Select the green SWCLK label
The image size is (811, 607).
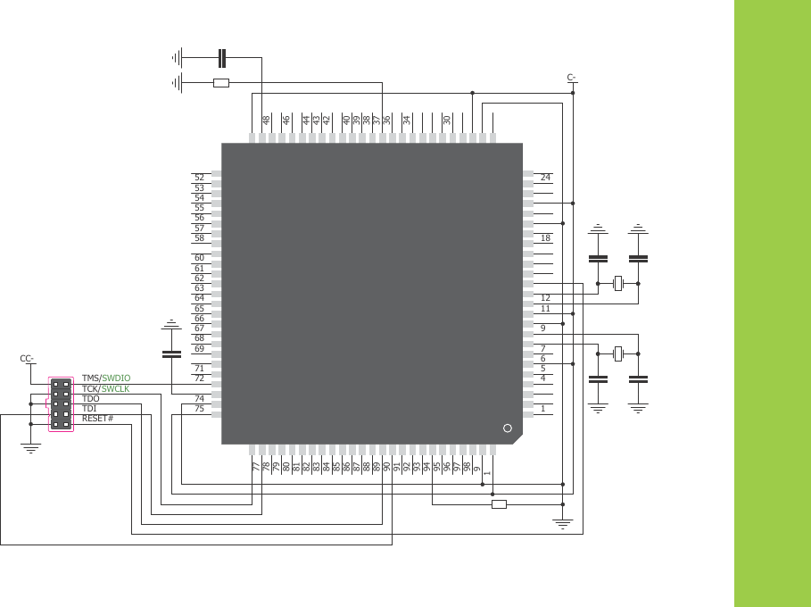(115, 389)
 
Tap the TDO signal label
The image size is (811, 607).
(90, 399)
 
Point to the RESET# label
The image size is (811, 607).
(97, 419)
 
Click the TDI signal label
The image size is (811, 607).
(89, 409)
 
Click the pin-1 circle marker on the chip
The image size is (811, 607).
(508, 428)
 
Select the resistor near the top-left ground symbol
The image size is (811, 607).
(221, 83)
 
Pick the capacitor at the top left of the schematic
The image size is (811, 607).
(223, 59)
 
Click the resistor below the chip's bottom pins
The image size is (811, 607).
(499, 504)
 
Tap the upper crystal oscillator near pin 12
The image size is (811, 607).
(617, 285)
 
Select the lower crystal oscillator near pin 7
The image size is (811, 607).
(617, 354)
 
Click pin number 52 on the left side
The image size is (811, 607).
(199, 178)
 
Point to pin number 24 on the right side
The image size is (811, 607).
(545, 178)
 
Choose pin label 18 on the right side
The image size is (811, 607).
(545, 238)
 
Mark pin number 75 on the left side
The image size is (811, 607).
(199, 409)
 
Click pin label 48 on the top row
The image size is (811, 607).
(266, 120)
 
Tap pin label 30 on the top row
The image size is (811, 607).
(447, 120)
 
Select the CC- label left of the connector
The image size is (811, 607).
(28, 359)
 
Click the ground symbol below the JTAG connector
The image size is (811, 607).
(31, 449)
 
